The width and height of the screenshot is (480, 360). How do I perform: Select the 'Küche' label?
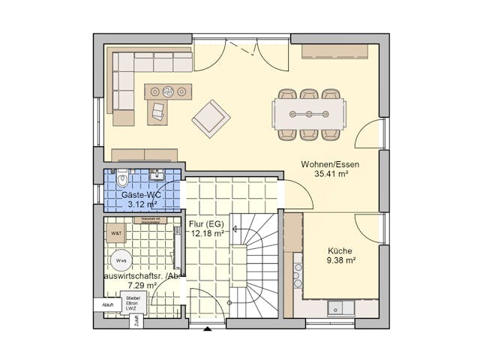pos(340,251)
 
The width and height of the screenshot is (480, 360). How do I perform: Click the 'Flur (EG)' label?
pos(208,223)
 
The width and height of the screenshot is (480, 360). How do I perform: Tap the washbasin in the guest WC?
pos(157,176)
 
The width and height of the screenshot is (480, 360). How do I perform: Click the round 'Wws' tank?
pos(121,261)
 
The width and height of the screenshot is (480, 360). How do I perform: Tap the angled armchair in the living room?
pos(211,118)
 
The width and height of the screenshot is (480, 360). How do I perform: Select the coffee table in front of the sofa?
pos(169,91)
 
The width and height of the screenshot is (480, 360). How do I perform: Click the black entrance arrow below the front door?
pos(208,328)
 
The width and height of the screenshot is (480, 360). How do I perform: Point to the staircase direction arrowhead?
pos(235,229)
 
